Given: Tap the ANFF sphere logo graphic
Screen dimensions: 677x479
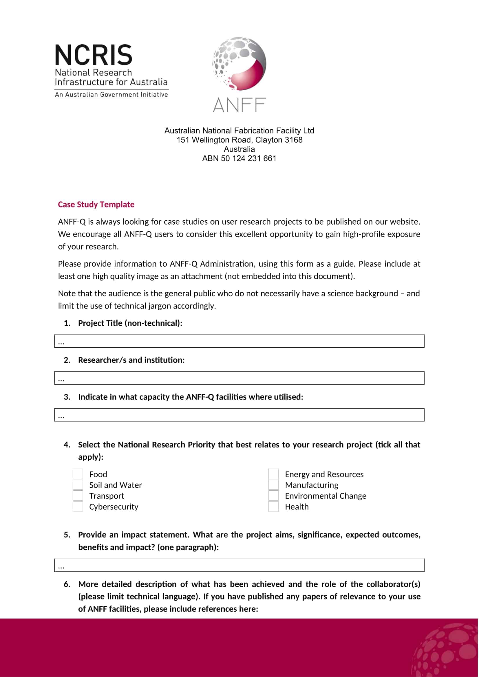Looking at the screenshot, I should tap(239, 64).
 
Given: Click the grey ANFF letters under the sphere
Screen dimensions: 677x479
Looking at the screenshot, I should tap(239, 105).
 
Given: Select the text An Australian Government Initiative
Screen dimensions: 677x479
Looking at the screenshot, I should tap(111, 95).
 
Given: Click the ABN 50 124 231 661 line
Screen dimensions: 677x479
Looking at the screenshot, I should tap(239, 159).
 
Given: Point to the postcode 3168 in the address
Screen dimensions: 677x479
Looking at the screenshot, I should tap(293, 140).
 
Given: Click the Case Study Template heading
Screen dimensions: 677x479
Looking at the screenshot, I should tap(96, 205).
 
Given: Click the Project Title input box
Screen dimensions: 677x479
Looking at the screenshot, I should tap(239, 341).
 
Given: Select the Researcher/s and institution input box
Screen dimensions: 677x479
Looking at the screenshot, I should tap(239, 378).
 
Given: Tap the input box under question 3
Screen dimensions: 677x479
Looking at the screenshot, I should tap(239, 415).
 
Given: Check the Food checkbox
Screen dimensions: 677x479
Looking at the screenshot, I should tap(78, 474).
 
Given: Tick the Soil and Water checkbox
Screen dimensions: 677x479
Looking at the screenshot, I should tap(78, 485).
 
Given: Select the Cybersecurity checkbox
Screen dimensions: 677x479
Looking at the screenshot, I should tap(78, 507).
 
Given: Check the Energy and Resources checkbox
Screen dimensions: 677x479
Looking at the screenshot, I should tap(273, 474).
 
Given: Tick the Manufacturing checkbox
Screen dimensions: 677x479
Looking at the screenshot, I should tap(273, 485).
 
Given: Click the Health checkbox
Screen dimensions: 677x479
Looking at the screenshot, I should tap(273, 507).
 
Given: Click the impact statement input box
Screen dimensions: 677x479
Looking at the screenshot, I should tap(239, 565).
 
